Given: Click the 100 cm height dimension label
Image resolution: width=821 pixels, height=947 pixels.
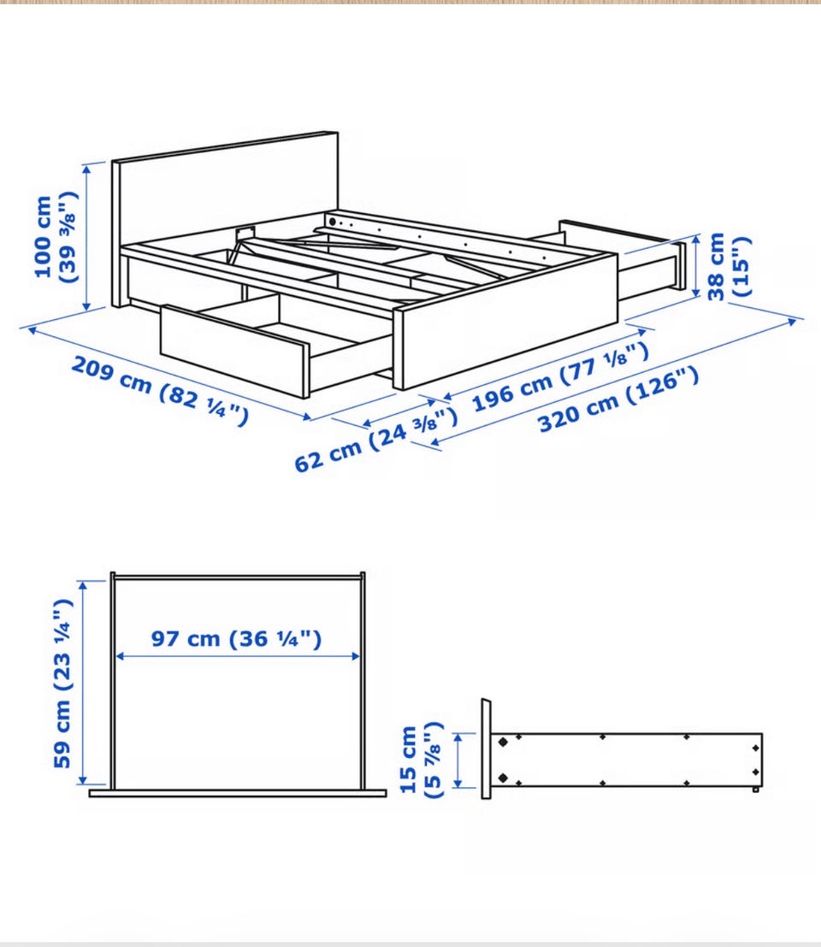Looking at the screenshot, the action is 57,237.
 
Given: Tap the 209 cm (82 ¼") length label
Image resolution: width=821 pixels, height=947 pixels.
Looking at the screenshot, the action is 160,390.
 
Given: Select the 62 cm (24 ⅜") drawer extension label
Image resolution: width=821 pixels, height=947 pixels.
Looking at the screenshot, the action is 375,439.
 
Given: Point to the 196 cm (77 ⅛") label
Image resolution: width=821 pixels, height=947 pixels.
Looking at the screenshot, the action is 560,376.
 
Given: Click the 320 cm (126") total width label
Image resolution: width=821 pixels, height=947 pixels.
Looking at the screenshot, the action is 618,400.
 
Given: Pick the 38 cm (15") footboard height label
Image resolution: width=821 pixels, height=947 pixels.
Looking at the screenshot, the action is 729,266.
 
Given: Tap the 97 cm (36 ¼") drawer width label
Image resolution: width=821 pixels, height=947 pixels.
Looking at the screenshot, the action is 236,638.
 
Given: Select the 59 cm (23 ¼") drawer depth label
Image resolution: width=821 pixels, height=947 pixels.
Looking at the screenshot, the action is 62,683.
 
